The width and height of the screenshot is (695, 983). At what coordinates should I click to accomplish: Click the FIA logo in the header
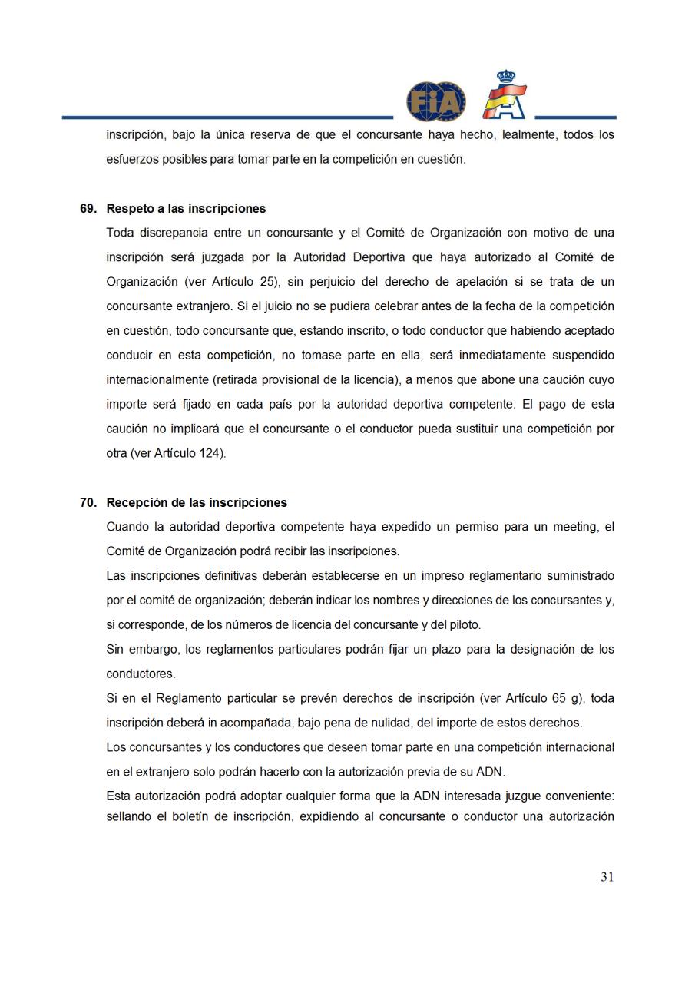click(435, 101)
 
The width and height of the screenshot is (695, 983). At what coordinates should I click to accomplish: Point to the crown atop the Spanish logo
click(505, 77)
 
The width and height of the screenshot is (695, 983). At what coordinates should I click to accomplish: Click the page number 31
click(607, 877)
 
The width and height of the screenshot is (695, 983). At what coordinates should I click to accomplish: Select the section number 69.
click(88, 208)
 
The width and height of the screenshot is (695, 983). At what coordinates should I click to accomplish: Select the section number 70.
click(88, 502)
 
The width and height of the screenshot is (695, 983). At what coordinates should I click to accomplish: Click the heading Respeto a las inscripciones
click(186, 208)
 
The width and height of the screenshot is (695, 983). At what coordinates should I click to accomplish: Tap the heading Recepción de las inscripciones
click(197, 502)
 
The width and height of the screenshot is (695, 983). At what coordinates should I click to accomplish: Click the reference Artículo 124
click(188, 453)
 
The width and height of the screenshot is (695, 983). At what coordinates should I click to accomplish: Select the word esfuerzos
click(131, 159)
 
